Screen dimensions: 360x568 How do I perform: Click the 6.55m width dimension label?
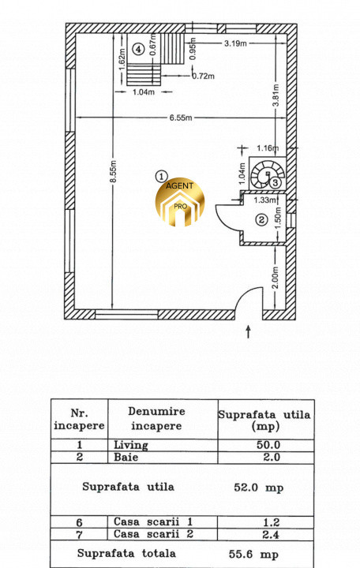(x=181, y=118)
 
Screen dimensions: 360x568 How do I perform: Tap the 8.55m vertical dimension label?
(x=113, y=172)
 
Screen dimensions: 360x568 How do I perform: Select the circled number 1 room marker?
(x=161, y=177)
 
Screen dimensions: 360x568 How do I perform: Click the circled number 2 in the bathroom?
(x=262, y=219)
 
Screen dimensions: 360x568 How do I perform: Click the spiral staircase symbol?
(x=268, y=174)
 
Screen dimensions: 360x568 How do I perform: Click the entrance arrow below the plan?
(x=249, y=331)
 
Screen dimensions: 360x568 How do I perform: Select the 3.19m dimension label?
(x=235, y=43)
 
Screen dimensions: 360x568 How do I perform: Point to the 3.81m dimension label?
(x=276, y=95)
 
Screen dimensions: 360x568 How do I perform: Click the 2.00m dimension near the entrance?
(x=276, y=278)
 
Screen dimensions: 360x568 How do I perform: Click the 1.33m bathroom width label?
(x=264, y=200)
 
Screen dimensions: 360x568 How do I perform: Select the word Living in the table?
(x=131, y=445)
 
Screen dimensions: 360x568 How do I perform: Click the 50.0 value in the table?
(x=268, y=445)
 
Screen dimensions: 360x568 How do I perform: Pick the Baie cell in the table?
(x=126, y=457)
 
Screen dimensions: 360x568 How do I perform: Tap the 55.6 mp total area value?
(x=253, y=555)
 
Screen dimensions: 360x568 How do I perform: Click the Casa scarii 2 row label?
(x=153, y=534)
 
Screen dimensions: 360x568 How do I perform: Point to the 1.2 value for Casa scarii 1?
(x=272, y=522)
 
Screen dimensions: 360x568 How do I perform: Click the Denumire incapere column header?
(x=156, y=419)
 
